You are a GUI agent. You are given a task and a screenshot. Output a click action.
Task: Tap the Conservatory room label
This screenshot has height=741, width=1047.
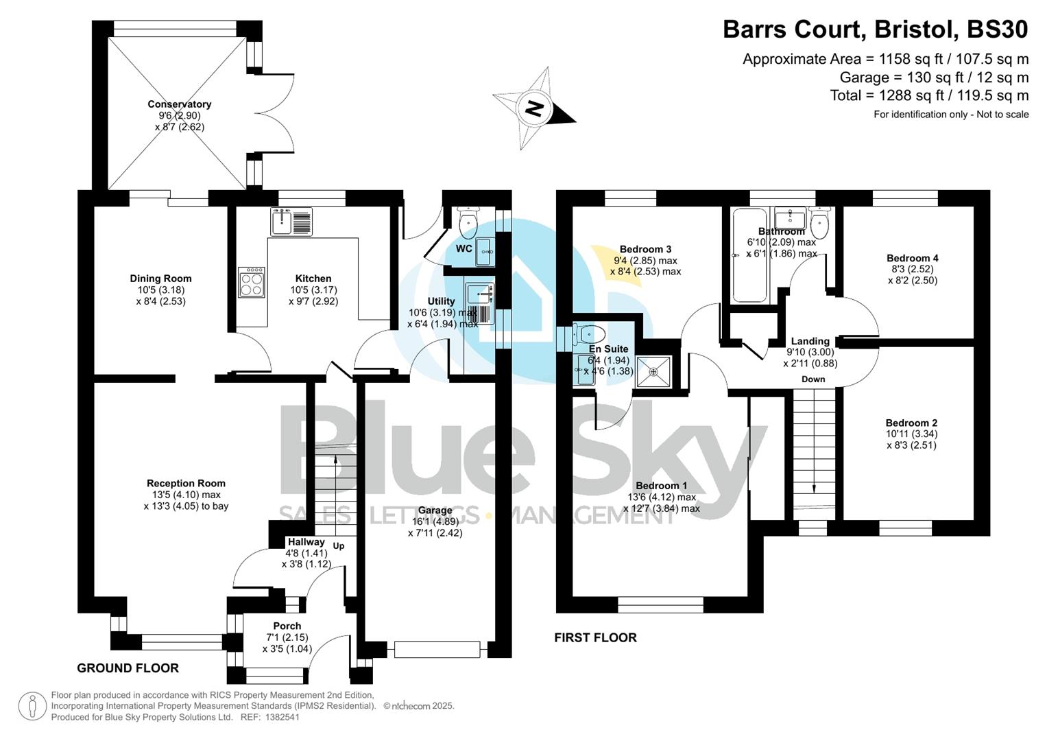[x=179, y=104]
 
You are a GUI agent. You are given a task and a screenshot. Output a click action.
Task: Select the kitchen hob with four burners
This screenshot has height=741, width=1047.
[x=252, y=282]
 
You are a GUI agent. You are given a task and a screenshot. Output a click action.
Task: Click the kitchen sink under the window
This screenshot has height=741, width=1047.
[x=291, y=221]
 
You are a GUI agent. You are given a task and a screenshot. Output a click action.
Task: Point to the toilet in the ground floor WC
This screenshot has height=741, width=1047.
[x=468, y=221]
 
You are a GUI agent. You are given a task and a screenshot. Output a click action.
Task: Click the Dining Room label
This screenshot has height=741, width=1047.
[x=160, y=279]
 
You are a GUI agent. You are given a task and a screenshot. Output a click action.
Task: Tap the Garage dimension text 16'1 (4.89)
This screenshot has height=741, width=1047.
[x=435, y=521]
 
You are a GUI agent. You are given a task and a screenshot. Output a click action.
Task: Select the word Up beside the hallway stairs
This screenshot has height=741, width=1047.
[x=339, y=546]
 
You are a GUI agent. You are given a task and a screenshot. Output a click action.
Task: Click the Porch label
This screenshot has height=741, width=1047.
[x=287, y=626]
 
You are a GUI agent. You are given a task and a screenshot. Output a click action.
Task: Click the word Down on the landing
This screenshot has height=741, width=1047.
[x=813, y=379]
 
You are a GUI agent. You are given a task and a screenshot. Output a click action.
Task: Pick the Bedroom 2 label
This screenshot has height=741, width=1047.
[x=911, y=423]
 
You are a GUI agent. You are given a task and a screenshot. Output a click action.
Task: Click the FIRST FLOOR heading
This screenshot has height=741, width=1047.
[x=595, y=638]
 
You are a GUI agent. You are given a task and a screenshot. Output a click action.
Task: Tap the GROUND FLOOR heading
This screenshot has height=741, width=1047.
[x=128, y=668]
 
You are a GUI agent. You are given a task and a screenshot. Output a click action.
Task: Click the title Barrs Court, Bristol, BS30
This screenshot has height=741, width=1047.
[x=876, y=30]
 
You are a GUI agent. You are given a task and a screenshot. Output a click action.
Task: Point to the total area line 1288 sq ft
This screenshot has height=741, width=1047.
[x=929, y=95]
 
